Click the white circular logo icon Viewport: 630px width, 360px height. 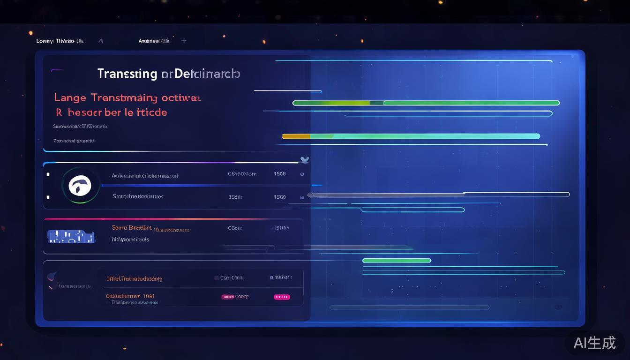pos(80,186)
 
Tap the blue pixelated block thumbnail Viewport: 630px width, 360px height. pos(71,236)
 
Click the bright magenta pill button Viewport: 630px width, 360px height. pos(282,297)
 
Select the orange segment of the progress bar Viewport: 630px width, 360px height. pos(296,136)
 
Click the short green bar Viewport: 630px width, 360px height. pos(397,261)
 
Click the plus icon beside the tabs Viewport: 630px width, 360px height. pos(184,41)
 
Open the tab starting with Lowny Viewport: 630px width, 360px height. pos(60,41)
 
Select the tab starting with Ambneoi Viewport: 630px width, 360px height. pos(154,41)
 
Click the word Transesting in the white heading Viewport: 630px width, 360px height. pos(127,74)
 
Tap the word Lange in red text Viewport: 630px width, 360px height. pos(70,97)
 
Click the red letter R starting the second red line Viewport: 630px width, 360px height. pos(59,112)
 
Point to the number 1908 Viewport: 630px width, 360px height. pos(279,174)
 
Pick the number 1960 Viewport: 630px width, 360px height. pos(279,197)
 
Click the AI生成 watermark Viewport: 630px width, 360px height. pos(594,343)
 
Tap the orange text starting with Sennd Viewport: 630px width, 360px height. pos(131,228)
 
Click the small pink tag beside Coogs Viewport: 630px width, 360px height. pos(227,297)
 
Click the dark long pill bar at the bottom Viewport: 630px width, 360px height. pos(409,307)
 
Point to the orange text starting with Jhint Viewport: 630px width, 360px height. pos(134,278)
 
